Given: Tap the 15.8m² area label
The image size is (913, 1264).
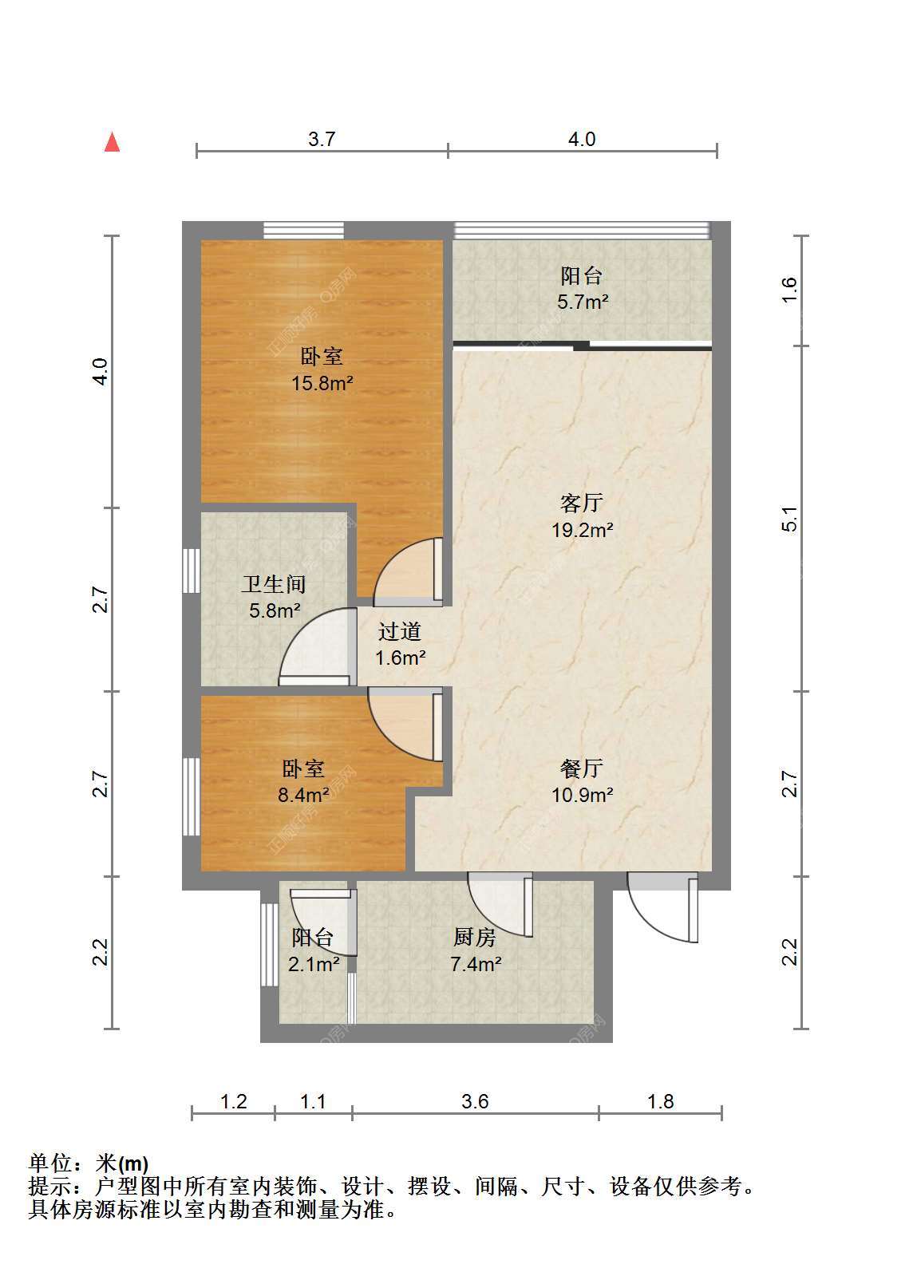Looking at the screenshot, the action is pyautogui.click(x=322, y=383).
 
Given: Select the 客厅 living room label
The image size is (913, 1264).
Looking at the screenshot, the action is pyautogui.click(x=582, y=502).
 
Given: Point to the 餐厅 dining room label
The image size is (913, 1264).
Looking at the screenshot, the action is pyautogui.click(x=582, y=768).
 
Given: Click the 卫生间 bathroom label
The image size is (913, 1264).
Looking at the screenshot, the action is pyautogui.click(x=274, y=584).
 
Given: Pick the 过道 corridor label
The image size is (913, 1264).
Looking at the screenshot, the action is pyautogui.click(x=400, y=631).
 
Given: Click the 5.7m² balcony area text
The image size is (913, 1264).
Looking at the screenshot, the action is pyautogui.click(x=583, y=302).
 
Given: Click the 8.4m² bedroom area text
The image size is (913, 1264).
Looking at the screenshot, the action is pyautogui.click(x=303, y=795).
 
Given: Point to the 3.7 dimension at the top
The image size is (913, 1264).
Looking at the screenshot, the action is pyautogui.click(x=322, y=139).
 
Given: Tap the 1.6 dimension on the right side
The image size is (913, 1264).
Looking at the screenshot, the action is pyautogui.click(x=790, y=290).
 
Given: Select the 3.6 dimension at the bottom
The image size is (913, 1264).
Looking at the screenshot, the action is pyautogui.click(x=475, y=1101).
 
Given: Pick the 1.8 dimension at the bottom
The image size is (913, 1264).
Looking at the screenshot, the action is pyautogui.click(x=660, y=1101).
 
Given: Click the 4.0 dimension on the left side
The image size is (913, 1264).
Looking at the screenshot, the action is pyautogui.click(x=101, y=372).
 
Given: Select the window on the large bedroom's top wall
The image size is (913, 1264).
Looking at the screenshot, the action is pyautogui.click(x=303, y=231).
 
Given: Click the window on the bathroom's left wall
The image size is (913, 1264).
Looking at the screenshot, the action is pyautogui.click(x=192, y=571).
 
